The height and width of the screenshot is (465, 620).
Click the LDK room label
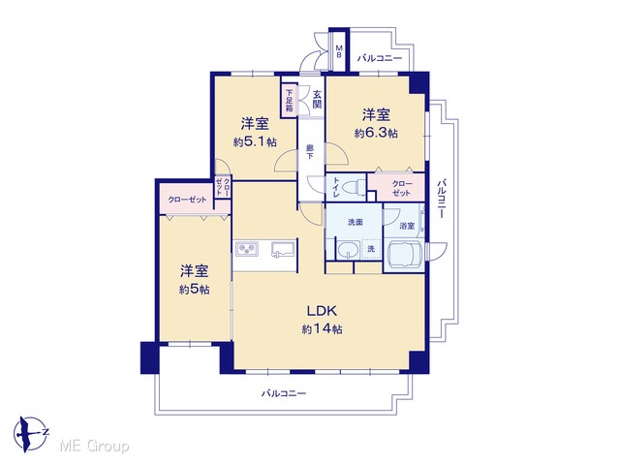(323, 311)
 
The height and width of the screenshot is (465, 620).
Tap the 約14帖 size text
(323, 329)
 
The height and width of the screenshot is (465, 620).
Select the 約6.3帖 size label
(376, 134)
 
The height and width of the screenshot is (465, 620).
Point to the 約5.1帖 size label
(255, 142)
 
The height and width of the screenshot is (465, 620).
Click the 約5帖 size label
(194, 290)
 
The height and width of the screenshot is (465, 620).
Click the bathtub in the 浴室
(404, 254)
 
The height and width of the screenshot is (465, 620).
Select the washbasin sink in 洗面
(348, 250)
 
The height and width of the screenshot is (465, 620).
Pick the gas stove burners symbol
(247, 249)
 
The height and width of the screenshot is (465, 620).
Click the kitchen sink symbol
(283, 250)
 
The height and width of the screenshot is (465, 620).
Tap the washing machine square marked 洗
(371, 249)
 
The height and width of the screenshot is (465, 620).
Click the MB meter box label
(339, 51)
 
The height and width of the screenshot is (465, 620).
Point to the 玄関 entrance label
(317, 99)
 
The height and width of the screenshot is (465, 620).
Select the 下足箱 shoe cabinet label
(290, 100)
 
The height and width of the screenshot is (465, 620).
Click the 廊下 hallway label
(310, 152)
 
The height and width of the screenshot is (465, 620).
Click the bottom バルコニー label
(284, 393)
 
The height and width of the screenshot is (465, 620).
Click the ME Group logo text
(94, 447)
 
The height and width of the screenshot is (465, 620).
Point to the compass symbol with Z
(30, 434)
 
